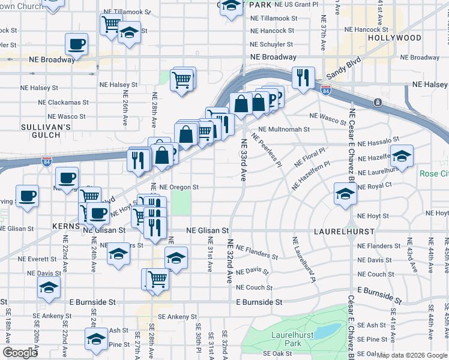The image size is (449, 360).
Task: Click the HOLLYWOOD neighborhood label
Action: click(x=394, y=38)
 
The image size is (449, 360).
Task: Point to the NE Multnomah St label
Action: click(x=284, y=129)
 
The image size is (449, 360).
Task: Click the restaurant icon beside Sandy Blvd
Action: click(x=302, y=77)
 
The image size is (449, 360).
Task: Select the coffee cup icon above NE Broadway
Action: click(x=76, y=43)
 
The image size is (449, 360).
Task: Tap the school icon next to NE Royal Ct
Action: click(x=345, y=193)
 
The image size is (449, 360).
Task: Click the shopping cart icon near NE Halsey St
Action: click(x=181, y=79)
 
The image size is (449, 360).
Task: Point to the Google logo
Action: click(x=20, y=353)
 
